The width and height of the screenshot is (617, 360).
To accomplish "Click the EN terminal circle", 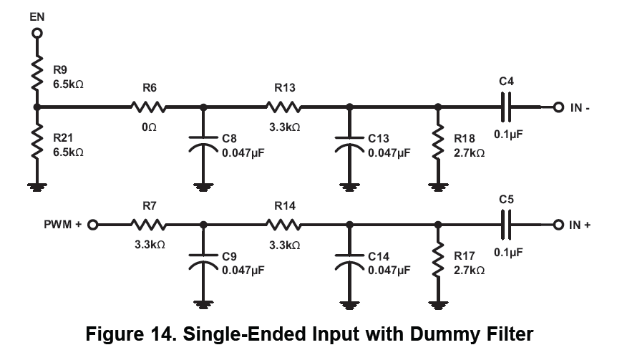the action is click(x=37, y=33).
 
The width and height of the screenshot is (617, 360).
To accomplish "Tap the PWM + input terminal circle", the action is click(x=92, y=225).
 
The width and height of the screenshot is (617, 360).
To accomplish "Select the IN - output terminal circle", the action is click(x=558, y=107).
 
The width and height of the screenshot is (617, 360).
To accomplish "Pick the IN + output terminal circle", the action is click(x=558, y=225).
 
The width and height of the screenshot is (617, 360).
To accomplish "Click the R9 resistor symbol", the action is click(x=37, y=72).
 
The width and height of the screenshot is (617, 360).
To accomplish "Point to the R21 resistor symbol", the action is click(x=37, y=142).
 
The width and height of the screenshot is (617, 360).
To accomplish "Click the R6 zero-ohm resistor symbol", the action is click(x=148, y=107).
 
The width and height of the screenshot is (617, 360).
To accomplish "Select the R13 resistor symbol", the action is click(x=283, y=107).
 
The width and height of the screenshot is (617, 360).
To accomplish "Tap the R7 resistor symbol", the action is click(x=148, y=225).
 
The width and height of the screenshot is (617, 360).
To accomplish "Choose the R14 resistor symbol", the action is click(x=283, y=225).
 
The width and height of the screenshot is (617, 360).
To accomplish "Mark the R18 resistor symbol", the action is click(x=438, y=142).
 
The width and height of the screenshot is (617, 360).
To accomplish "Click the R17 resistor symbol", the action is click(x=438, y=260).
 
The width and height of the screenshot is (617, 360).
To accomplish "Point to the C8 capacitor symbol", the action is click(x=203, y=144).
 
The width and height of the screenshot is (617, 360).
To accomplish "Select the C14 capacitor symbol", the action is click(x=349, y=262).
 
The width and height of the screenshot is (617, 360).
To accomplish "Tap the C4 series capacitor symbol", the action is click(x=506, y=107).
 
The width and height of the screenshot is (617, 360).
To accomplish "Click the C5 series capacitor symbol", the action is click(x=506, y=225).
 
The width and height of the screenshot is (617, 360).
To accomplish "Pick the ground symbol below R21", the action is click(x=37, y=187).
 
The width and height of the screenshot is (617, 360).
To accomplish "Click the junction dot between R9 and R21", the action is click(x=37, y=107).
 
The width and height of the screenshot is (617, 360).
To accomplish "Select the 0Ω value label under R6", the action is click(x=149, y=127).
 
